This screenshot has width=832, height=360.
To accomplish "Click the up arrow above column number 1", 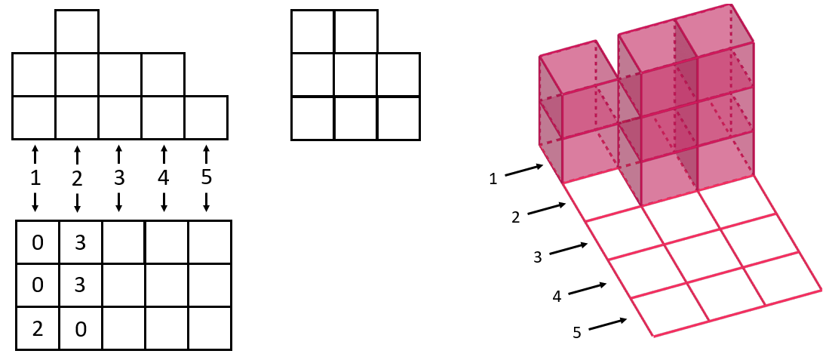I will pyautogui.click(x=35, y=148).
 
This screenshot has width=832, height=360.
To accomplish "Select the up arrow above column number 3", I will pyautogui.click(x=118, y=148).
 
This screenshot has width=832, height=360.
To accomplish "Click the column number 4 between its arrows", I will pyautogui.click(x=164, y=178).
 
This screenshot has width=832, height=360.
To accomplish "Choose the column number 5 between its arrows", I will pyautogui.click(x=207, y=178).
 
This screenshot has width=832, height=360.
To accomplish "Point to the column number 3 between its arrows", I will pyautogui.click(x=118, y=178).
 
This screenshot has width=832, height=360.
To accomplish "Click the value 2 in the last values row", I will pyautogui.click(x=37, y=329).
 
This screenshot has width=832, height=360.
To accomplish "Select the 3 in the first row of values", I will pyautogui.click(x=80, y=243).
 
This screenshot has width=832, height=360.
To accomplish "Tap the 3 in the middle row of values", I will pyautogui.click(x=80, y=286).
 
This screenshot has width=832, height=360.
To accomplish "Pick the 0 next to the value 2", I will pyautogui.click(x=80, y=329).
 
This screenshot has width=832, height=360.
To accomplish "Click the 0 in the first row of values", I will pyautogui.click(x=37, y=243).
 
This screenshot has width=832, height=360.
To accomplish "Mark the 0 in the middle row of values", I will pyautogui.click(x=37, y=286).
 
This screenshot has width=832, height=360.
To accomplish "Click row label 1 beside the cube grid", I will pyautogui.click(x=493, y=179).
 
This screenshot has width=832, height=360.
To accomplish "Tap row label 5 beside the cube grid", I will pyautogui.click(x=577, y=332).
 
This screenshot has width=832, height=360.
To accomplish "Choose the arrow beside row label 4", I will pyautogui.click(x=588, y=288).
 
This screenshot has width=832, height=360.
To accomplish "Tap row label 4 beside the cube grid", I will pyautogui.click(x=557, y=297).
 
